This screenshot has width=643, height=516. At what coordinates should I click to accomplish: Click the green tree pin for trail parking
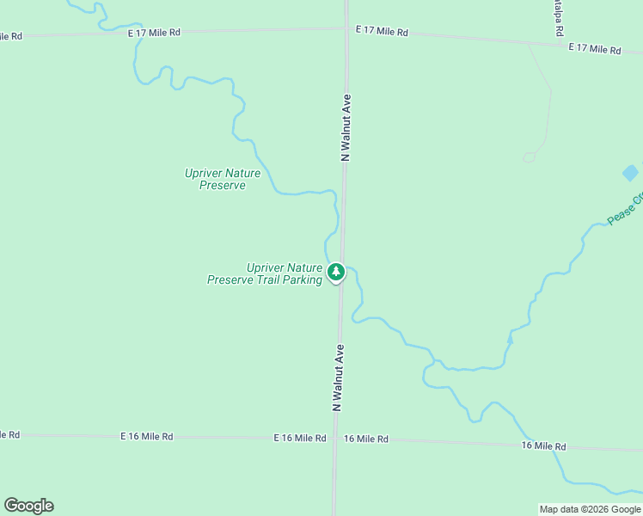click(336, 272)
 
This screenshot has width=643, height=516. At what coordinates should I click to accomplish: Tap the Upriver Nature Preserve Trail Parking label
click(265, 273)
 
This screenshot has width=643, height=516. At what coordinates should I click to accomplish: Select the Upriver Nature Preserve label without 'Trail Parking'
click(223, 179)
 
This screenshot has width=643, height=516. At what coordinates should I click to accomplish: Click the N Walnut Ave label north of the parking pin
click(346, 127)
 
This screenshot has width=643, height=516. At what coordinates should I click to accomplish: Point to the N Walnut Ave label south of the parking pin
click(339, 378)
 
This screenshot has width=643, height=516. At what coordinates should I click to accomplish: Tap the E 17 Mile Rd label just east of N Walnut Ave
click(382, 31)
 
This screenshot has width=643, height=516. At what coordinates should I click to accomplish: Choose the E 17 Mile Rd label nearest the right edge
click(594, 49)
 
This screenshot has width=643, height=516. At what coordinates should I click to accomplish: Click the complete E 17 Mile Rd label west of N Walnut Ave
click(154, 33)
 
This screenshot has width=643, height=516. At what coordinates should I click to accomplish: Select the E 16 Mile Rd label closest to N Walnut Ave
click(300, 438)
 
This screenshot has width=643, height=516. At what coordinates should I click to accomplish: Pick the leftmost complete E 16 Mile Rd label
click(147, 437)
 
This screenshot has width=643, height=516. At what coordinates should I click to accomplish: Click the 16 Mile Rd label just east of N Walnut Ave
click(365, 439)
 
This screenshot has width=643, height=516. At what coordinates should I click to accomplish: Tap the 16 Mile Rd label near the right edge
click(544, 446)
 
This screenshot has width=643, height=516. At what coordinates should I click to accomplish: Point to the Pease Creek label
click(626, 209)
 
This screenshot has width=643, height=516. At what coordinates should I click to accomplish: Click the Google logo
click(28, 506)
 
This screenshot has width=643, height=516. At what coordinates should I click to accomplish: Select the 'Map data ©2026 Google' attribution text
click(590, 509)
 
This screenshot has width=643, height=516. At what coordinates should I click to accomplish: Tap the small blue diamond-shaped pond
click(630, 173)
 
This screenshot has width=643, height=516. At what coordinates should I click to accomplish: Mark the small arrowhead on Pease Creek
click(510, 339)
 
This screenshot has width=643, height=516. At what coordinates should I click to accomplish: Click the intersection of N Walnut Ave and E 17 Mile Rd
click(346, 28)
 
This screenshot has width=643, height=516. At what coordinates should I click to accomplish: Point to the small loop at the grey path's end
click(529, 157)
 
